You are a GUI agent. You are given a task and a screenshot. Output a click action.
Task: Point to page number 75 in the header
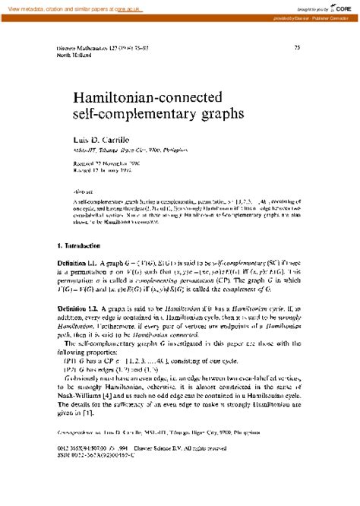click(x=297, y=48)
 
